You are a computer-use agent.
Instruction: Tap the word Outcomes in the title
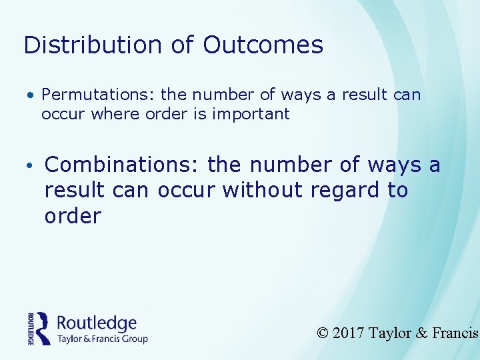(263, 45)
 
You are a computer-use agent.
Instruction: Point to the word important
(251, 114)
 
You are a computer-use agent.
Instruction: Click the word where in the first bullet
(117, 114)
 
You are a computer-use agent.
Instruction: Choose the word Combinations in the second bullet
(123, 164)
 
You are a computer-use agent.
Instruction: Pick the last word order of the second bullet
(73, 216)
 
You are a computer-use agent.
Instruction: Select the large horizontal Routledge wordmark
(97, 323)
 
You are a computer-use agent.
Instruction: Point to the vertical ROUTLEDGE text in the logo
(31, 328)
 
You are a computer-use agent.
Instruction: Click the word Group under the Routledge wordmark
(134, 339)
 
